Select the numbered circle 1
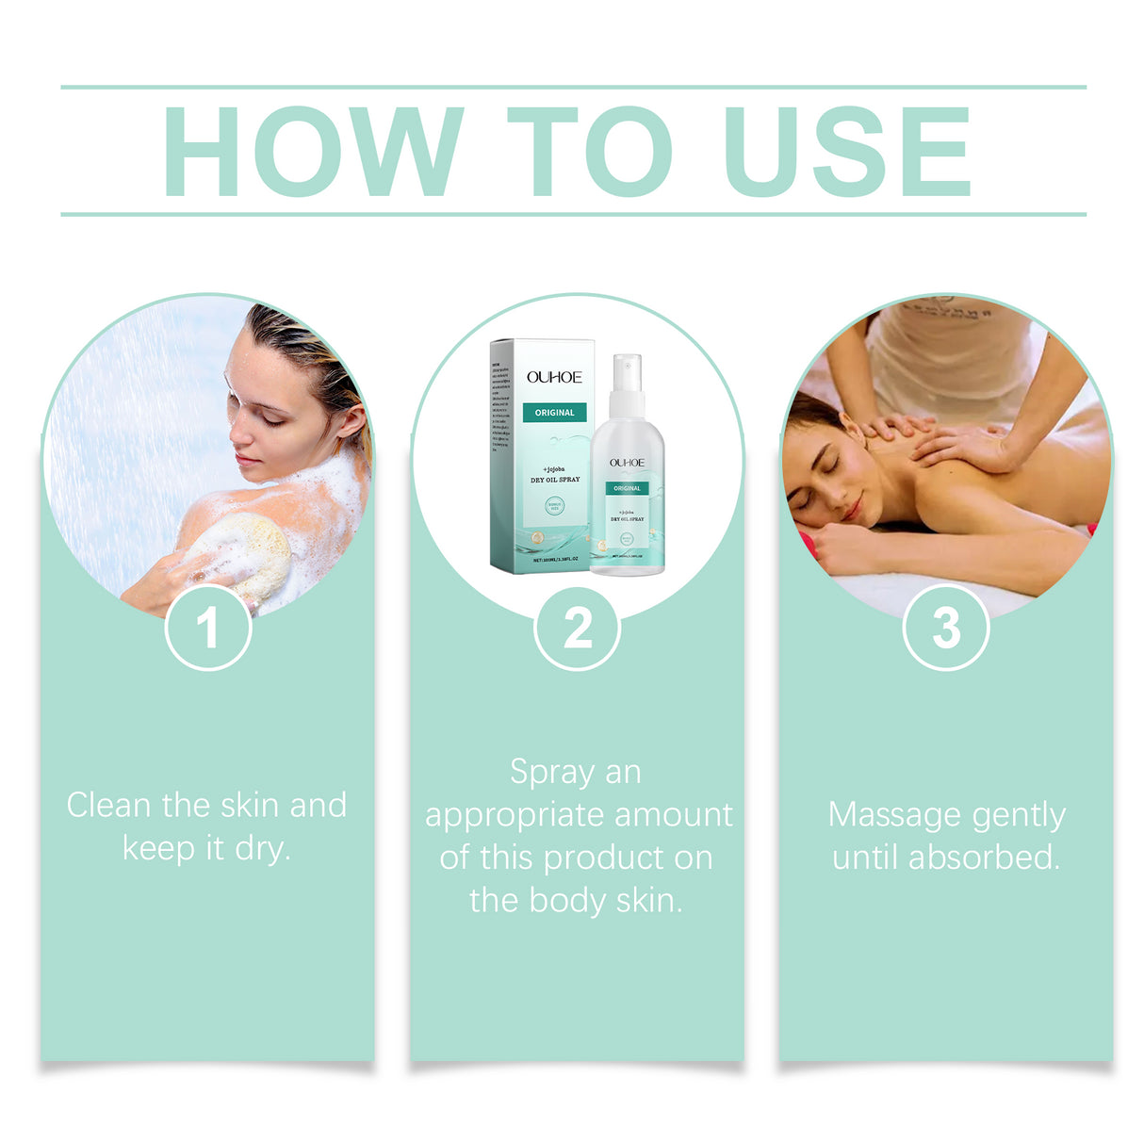pos(207,628)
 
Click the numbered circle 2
pos(577,628)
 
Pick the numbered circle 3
pos(946,628)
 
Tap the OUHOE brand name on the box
pos(554,377)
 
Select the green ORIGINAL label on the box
pos(554,413)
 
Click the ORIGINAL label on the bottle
pos(627,488)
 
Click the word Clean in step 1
pos(108,806)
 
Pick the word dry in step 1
pos(260,849)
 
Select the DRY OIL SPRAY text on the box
pos(555,480)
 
